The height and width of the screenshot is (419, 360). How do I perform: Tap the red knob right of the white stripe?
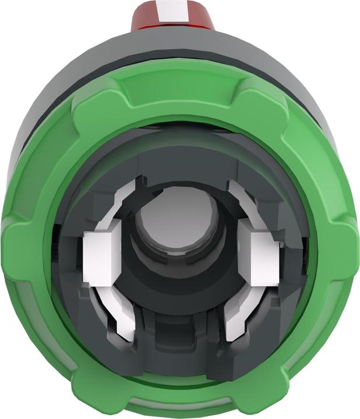pyautogui.click(x=199, y=15)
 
